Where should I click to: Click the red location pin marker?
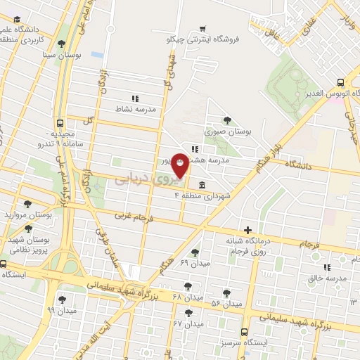pyautogui.click(x=180, y=165)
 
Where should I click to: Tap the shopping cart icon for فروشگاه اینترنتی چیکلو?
pyautogui.click(x=202, y=29)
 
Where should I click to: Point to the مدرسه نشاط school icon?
pyautogui.click(x=134, y=98)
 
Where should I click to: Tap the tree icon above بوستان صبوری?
pyautogui.click(x=226, y=120)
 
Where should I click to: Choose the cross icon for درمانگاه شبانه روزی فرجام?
pyautogui.click(x=247, y=230)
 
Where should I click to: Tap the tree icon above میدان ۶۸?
pyautogui.click(x=187, y=286)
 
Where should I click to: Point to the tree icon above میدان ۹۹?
pyautogui.click(x=62, y=300)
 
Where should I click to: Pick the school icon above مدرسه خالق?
pyautogui.click(x=327, y=266)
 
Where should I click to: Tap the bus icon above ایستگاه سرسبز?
pyautogui.click(x=244, y=331)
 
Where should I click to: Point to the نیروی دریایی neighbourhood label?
pyautogui.click(x=141, y=179)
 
